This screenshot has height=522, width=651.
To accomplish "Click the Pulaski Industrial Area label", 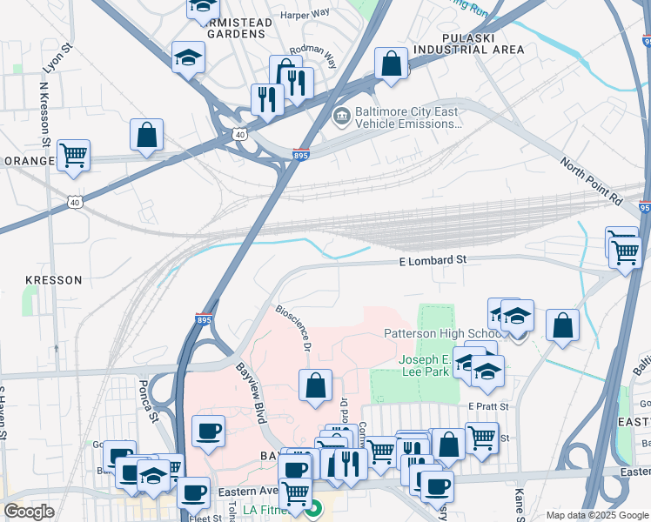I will pyautogui.click(x=483, y=43).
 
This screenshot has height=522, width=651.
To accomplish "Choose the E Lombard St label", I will pyautogui.click(x=433, y=260).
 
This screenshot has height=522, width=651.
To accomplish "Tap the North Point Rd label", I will pyautogui.click(x=591, y=181).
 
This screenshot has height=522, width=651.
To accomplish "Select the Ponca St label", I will pyautogui.click(x=145, y=399).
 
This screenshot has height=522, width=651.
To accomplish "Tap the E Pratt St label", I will pyautogui.click(x=487, y=406).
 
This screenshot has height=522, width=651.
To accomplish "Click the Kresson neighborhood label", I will pyautogui.click(x=54, y=280).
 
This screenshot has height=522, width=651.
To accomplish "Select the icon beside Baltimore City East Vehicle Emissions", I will pyautogui.click(x=342, y=116).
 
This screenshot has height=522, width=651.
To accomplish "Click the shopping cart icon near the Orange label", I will pyautogui.click(x=74, y=156).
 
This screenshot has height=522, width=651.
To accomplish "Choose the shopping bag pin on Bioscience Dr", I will pyautogui.click(x=315, y=385).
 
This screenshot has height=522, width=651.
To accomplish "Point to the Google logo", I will pyautogui.click(x=29, y=512).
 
